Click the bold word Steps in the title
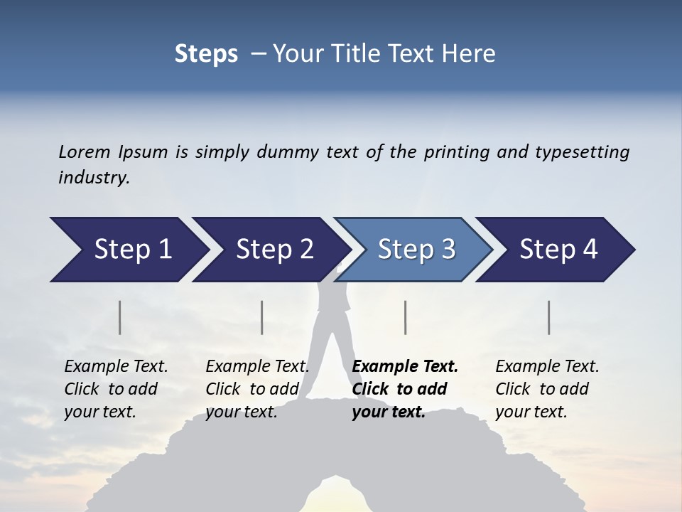coord(206,54)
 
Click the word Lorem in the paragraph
coord(84,152)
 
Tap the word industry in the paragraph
coord(93,178)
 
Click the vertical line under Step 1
coord(120,317)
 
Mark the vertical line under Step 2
coord(262,317)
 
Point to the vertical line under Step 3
coord(406,317)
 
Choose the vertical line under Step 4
coord(549,317)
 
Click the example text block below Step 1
coord(116,389)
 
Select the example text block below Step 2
coord(257,389)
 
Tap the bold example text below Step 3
coord(405,389)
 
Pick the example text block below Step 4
coord(547,389)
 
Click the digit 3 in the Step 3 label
coord(448,250)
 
